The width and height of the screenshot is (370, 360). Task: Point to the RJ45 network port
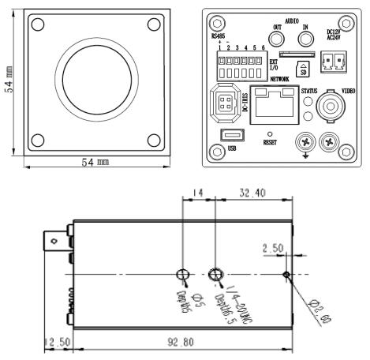[272, 105]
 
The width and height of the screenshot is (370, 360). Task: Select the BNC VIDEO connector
[330, 104]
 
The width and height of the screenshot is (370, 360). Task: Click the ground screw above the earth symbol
[303, 141]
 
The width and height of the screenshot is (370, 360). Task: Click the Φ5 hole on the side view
[182, 275]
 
